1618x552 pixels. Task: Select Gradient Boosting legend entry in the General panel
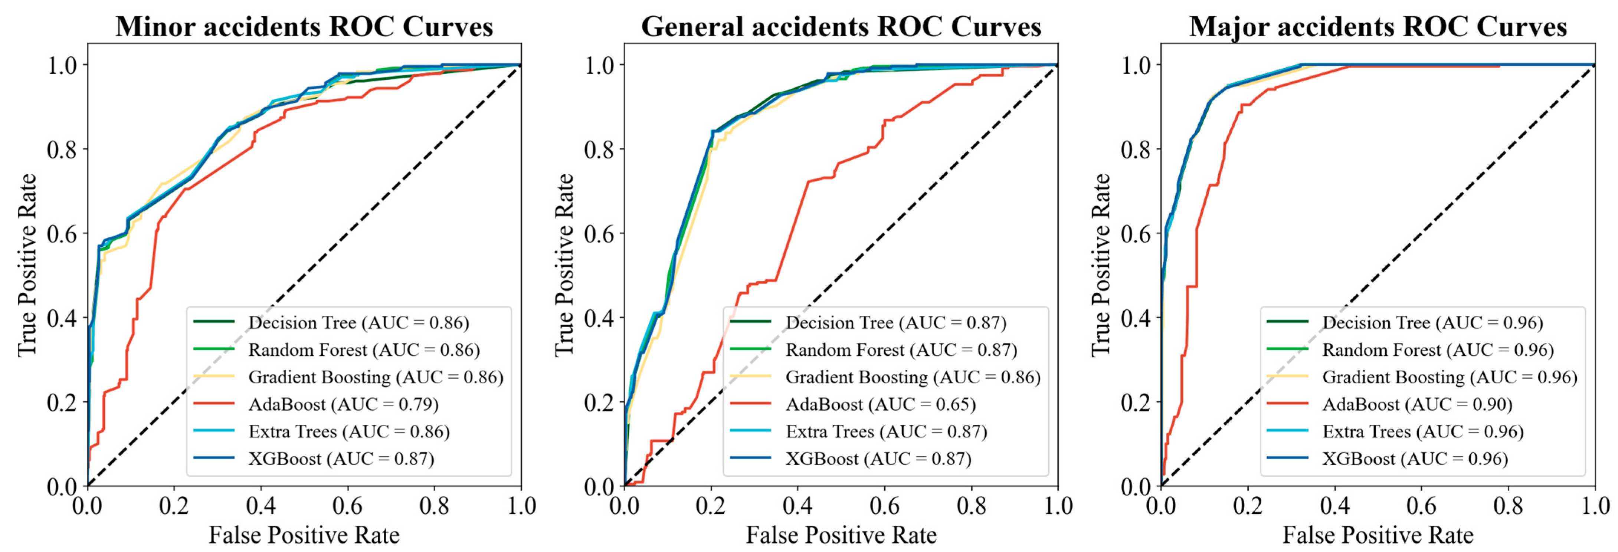pos(913,377)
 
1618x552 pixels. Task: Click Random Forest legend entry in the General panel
pos(901,350)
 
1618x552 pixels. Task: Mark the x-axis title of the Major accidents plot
pos(1378,535)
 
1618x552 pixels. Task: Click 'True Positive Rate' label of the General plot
pos(565,265)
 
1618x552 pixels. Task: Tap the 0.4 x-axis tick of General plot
pos(798,506)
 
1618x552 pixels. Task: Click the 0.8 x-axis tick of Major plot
pos(1508,506)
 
